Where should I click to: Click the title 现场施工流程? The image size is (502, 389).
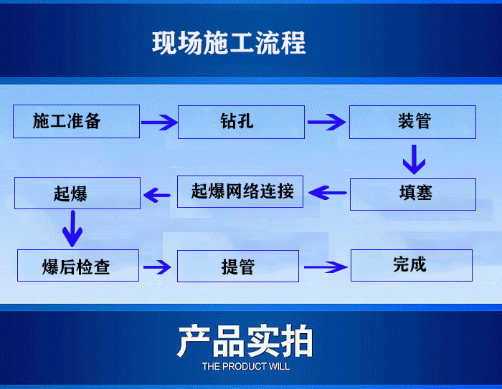pyautogui.click(x=229, y=43)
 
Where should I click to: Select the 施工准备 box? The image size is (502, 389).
pyautogui.click(x=76, y=122)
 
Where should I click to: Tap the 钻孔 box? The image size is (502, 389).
pyautogui.click(x=241, y=122)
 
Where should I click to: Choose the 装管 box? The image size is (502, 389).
pyautogui.click(x=412, y=122)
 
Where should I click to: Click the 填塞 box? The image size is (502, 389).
pyautogui.click(x=412, y=193)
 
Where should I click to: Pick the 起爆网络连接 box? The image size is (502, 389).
pyautogui.click(x=241, y=191)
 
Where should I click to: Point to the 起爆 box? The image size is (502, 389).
pyautogui.click(x=77, y=193)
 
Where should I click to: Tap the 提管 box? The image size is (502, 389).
pyautogui.click(x=238, y=266)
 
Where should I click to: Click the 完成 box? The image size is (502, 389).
pyautogui.click(x=411, y=265)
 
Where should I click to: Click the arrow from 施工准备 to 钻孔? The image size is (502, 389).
pyautogui.click(x=158, y=123)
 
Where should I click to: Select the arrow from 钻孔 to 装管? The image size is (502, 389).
pyautogui.click(x=326, y=123)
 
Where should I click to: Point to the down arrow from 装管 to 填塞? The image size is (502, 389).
pyautogui.click(x=414, y=159)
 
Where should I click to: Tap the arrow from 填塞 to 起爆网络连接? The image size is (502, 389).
pyautogui.click(x=327, y=192)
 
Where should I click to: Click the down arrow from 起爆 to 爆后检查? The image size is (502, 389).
pyautogui.click(x=73, y=229)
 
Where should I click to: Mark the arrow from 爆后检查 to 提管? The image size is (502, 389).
pyautogui.click(x=158, y=267)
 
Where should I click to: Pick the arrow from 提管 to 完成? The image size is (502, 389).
pyautogui.click(x=323, y=267)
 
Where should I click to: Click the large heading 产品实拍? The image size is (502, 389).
pyautogui.click(x=245, y=342)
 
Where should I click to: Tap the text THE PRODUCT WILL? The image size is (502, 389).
pyautogui.click(x=245, y=367)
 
